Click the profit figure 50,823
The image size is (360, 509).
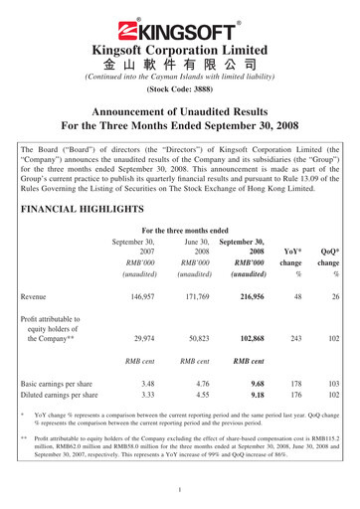pos(195,366)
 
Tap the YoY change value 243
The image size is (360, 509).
pos(295,366)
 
